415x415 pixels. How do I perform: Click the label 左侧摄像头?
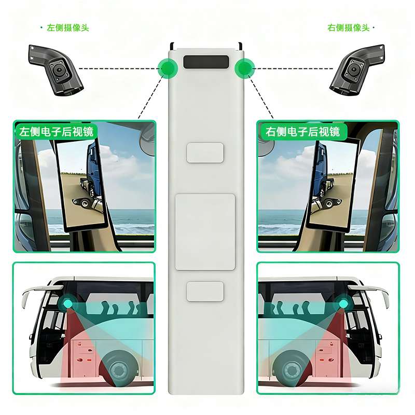click(x=68, y=28)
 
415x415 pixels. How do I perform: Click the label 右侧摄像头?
click(x=348, y=28)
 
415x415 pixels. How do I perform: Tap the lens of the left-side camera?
click(x=59, y=70)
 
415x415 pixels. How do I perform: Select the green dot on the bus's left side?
click(x=168, y=68)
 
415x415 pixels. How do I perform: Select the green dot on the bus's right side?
click(x=244, y=68)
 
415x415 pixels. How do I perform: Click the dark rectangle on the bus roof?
click(x=206, y=62)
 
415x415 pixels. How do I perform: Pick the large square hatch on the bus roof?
click(x=205, y=232)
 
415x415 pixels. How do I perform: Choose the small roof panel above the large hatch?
click(x=205, y=153)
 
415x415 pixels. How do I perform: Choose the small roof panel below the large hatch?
click(x=205, y=292)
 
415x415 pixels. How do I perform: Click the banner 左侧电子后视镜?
click(x=56, y=132)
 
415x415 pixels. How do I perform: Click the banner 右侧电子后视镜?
click(x=302, y=132)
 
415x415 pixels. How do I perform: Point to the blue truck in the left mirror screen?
click(x=94, y=170)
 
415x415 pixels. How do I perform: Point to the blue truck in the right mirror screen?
click(x=321, y=170)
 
